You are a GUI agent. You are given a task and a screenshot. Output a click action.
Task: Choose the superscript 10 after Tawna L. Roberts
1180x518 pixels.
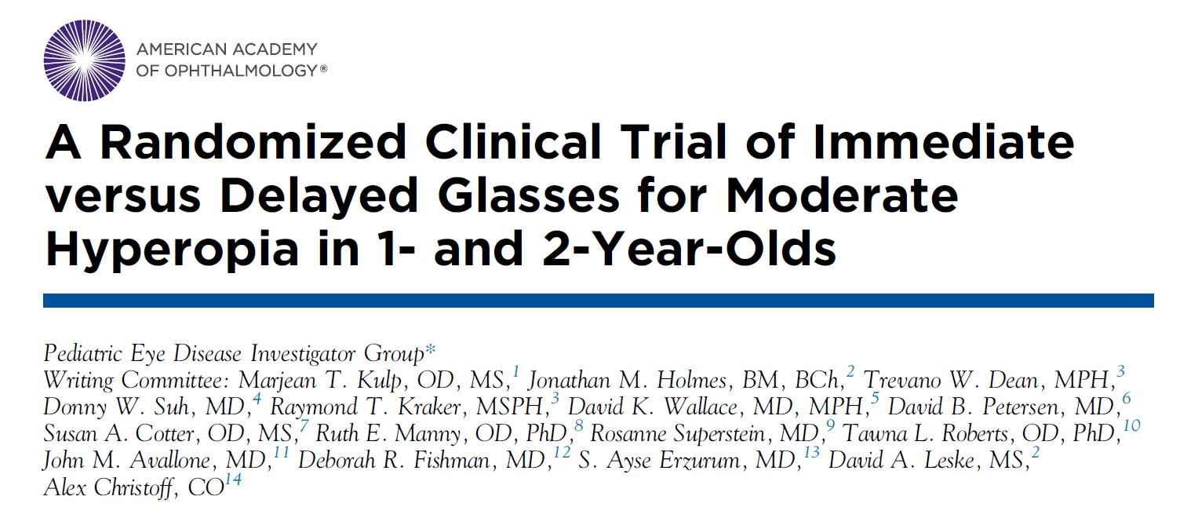[1131, 426]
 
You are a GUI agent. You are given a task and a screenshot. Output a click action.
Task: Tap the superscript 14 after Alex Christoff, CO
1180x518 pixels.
[232, 480]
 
